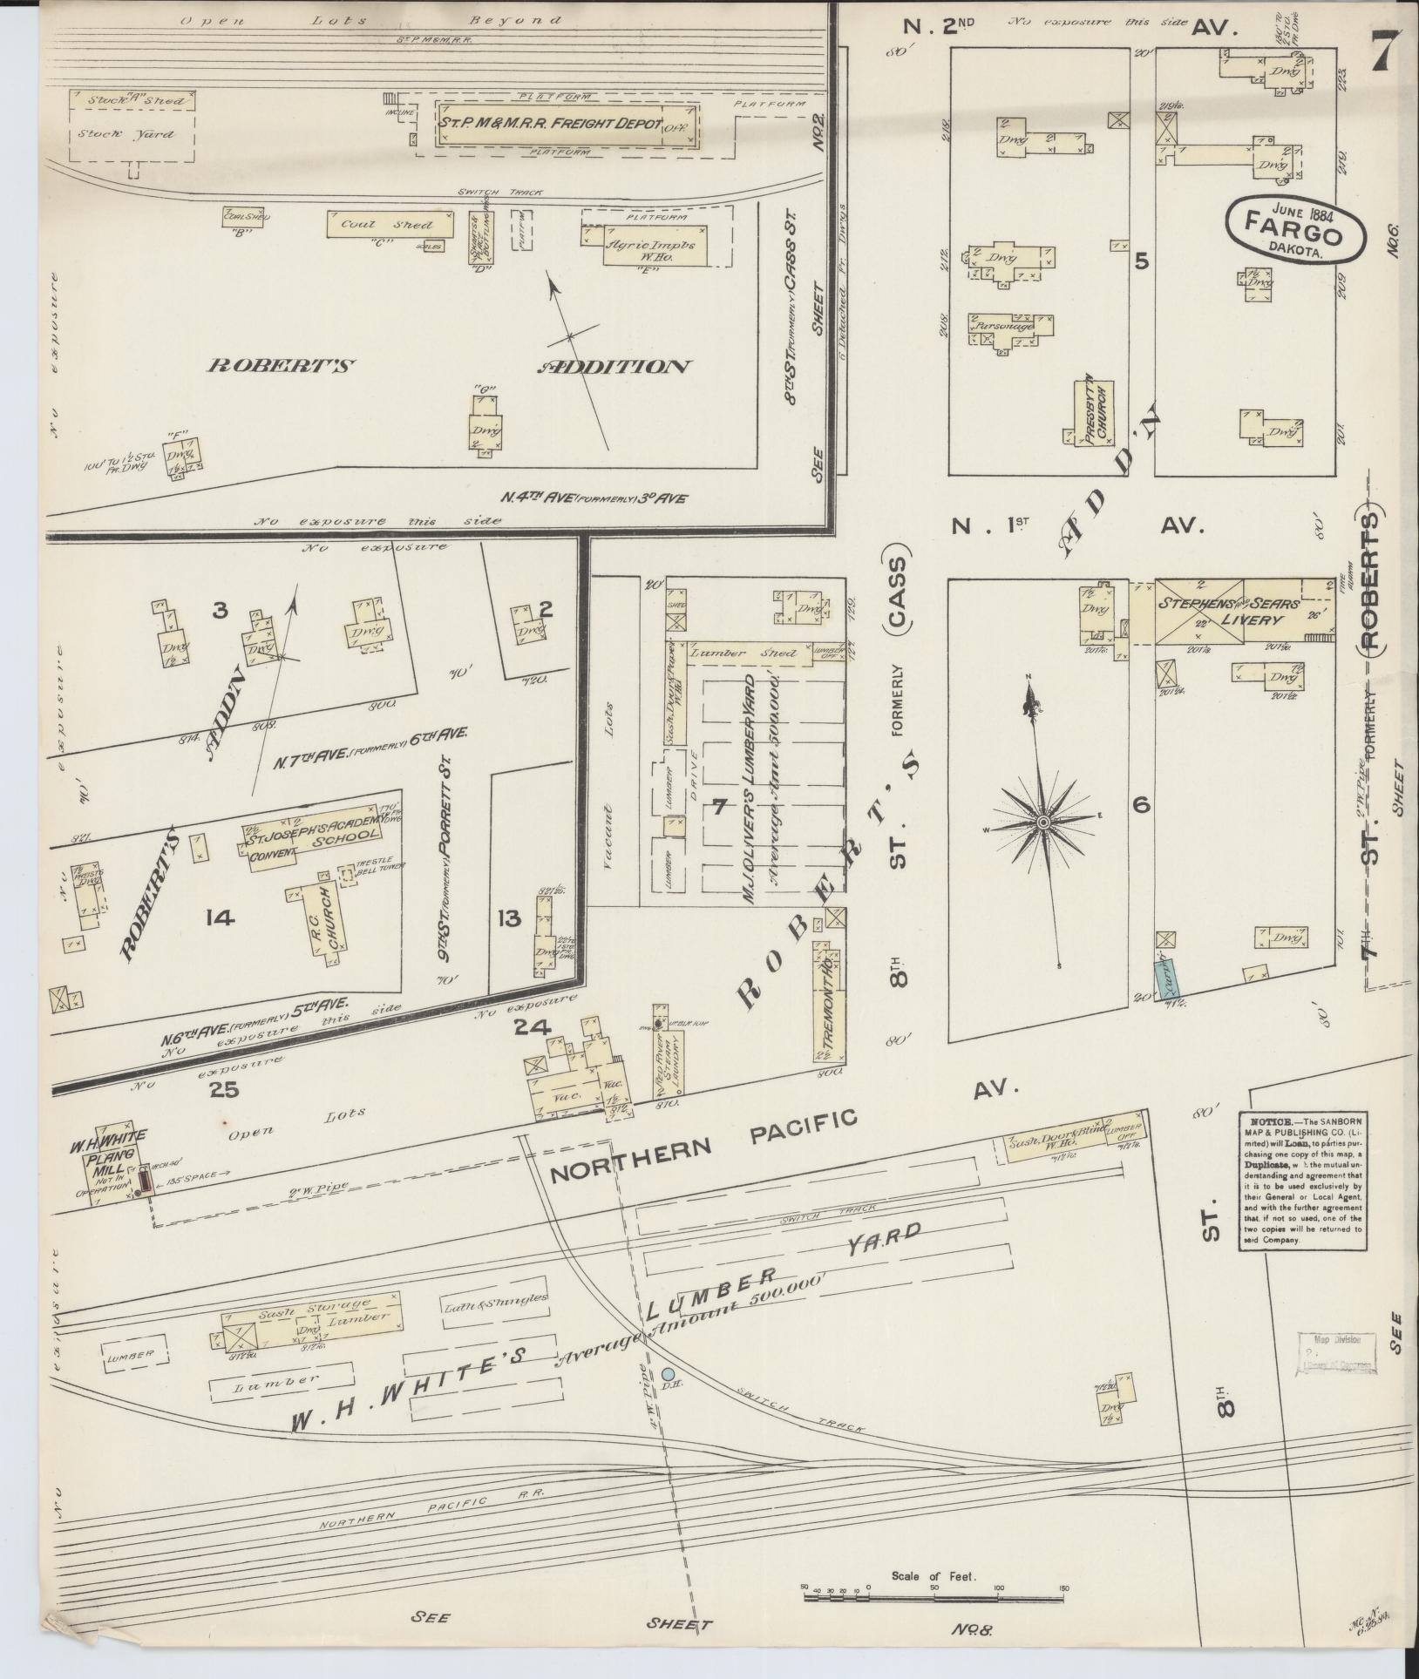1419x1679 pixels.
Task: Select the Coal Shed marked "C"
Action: [390, 224]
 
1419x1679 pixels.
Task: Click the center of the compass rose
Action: [1042, 822]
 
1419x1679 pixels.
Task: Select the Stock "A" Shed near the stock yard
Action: [132, 100]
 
